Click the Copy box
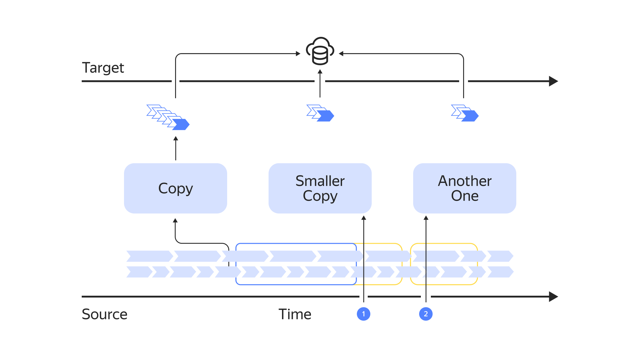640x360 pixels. click(x=175, y=188)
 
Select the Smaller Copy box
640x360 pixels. click(x=320, y=188)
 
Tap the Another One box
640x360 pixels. click(x=465, y=188)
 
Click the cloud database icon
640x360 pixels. click(x=320, y=51)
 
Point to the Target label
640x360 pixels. click(x=103, y=68)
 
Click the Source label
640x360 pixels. click(x=105, y=314)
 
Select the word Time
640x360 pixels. click(x=295, y=314)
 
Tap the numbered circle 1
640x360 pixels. click(x=363, y=314)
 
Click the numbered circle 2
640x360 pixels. click(x=426, y=314)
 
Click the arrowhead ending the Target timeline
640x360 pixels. click(x=553, y=81)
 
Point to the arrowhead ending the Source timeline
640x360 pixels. click(x=553, y=297)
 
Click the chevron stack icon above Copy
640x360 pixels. click(x=168, y=117)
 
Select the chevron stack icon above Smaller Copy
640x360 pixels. click(x=320, y=113)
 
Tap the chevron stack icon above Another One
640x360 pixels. click(x=465, y=113)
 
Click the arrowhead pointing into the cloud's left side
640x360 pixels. click(x=298, y=53)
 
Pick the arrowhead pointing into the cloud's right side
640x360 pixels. click(x=341, y=53)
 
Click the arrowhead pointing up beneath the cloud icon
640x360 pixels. click(x=320, y=71)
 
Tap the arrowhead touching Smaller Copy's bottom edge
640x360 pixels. click(x=364, y=218)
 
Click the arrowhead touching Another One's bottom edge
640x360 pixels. click(x=426, y=218)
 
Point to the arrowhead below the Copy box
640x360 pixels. click(x=175, y=221)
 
